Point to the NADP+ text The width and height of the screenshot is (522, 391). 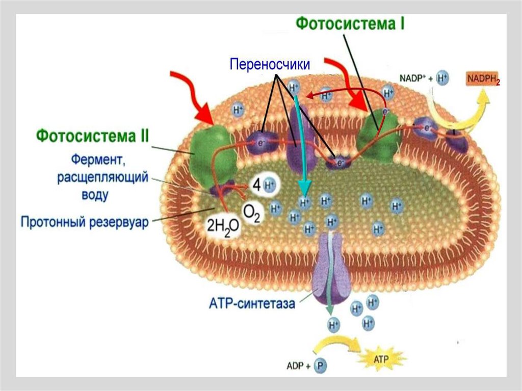413,79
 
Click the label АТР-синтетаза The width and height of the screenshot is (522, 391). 252,304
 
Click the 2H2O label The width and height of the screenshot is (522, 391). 222,227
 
